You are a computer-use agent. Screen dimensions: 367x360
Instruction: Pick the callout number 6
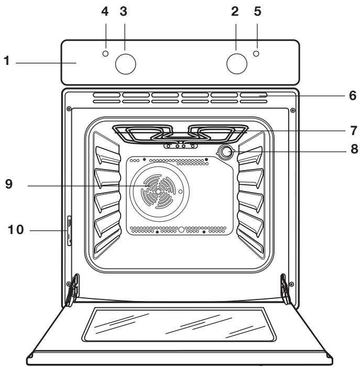click(x=353, y=96)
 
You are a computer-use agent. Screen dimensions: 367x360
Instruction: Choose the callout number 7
click(x=354, y=129)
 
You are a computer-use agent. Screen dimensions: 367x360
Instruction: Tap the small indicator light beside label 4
click(x=106, y=54)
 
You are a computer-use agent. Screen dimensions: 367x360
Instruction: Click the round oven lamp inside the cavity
click(x=226, y=152)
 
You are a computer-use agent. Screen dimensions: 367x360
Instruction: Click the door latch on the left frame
click(x=68, y=229)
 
